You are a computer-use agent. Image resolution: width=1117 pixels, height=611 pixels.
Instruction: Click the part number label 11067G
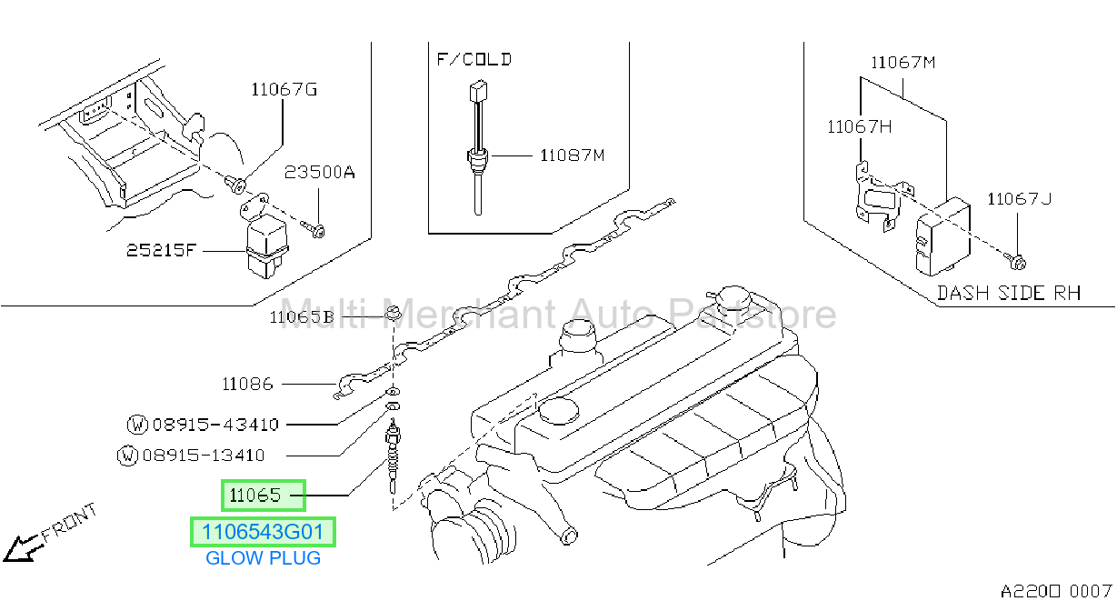(284, 90)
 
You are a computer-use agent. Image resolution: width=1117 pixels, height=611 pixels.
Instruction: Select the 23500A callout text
(319, 173)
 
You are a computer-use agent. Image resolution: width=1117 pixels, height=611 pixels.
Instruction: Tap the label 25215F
(161, 250)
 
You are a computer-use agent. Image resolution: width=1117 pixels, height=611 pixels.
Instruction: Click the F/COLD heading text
(474, 59)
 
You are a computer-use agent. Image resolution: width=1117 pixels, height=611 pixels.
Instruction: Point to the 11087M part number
(572, 155)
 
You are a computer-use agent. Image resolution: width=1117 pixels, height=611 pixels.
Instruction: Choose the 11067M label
(903, 63)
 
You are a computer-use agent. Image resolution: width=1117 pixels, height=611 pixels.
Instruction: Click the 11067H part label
(859, 127)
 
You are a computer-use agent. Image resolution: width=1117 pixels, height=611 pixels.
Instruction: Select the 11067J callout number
(1019, 199)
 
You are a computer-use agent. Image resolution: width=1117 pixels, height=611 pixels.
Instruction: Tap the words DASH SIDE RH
(1009, 293)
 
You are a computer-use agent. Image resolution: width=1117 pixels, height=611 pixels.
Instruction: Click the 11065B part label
(301, 317)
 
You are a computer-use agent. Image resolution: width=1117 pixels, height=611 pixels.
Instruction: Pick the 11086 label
(247, 384)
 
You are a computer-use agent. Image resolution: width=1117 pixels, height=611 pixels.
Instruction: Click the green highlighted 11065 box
(264, 496)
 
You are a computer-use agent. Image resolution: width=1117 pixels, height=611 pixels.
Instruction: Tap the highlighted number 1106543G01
(263, 532)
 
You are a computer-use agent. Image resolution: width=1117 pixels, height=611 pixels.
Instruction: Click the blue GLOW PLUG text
(263, 558)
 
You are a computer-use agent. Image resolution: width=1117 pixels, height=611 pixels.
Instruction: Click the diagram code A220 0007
(1056, 592)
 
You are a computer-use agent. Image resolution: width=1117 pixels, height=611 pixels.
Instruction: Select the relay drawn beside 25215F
(268, 248)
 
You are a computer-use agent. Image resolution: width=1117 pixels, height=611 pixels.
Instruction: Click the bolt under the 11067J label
(1015, 261)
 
